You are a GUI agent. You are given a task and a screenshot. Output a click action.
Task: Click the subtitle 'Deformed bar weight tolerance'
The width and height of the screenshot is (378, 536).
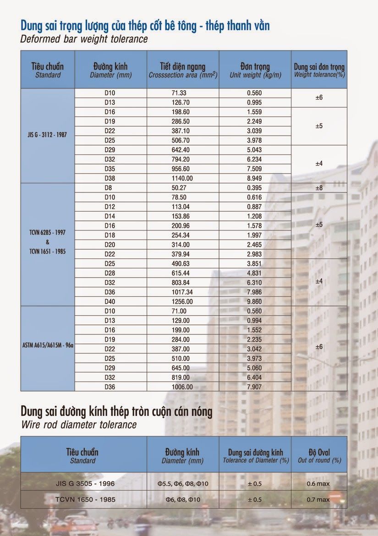tap(84, 39)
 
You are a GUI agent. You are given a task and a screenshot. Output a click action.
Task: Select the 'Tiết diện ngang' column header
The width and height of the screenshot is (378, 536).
tap(183, 70)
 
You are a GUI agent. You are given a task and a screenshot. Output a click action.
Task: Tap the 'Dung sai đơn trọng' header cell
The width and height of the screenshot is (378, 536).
tap(319, 70)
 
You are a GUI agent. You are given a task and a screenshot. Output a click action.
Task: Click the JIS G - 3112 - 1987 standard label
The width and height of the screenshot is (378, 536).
tap(47, 136)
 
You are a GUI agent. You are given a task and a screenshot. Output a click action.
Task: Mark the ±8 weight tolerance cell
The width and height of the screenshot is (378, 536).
tap(319, 188)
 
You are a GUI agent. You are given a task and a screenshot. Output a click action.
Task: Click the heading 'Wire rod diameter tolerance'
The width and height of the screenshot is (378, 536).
tap(79, 425)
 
